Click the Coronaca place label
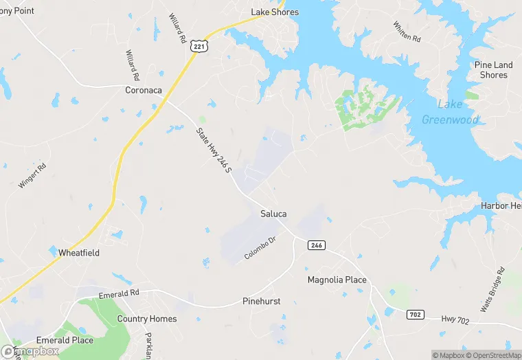coord(144,90)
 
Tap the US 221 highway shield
coord(198,46)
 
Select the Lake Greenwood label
coord(450,112)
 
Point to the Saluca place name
coord(273,214)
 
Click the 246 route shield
coord(316,245)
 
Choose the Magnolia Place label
coord(337,280)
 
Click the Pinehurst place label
coord(262,302)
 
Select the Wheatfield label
coord(79,253)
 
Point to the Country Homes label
coord(147,319)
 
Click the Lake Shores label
coord(275,12)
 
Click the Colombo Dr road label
coord(260,247)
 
